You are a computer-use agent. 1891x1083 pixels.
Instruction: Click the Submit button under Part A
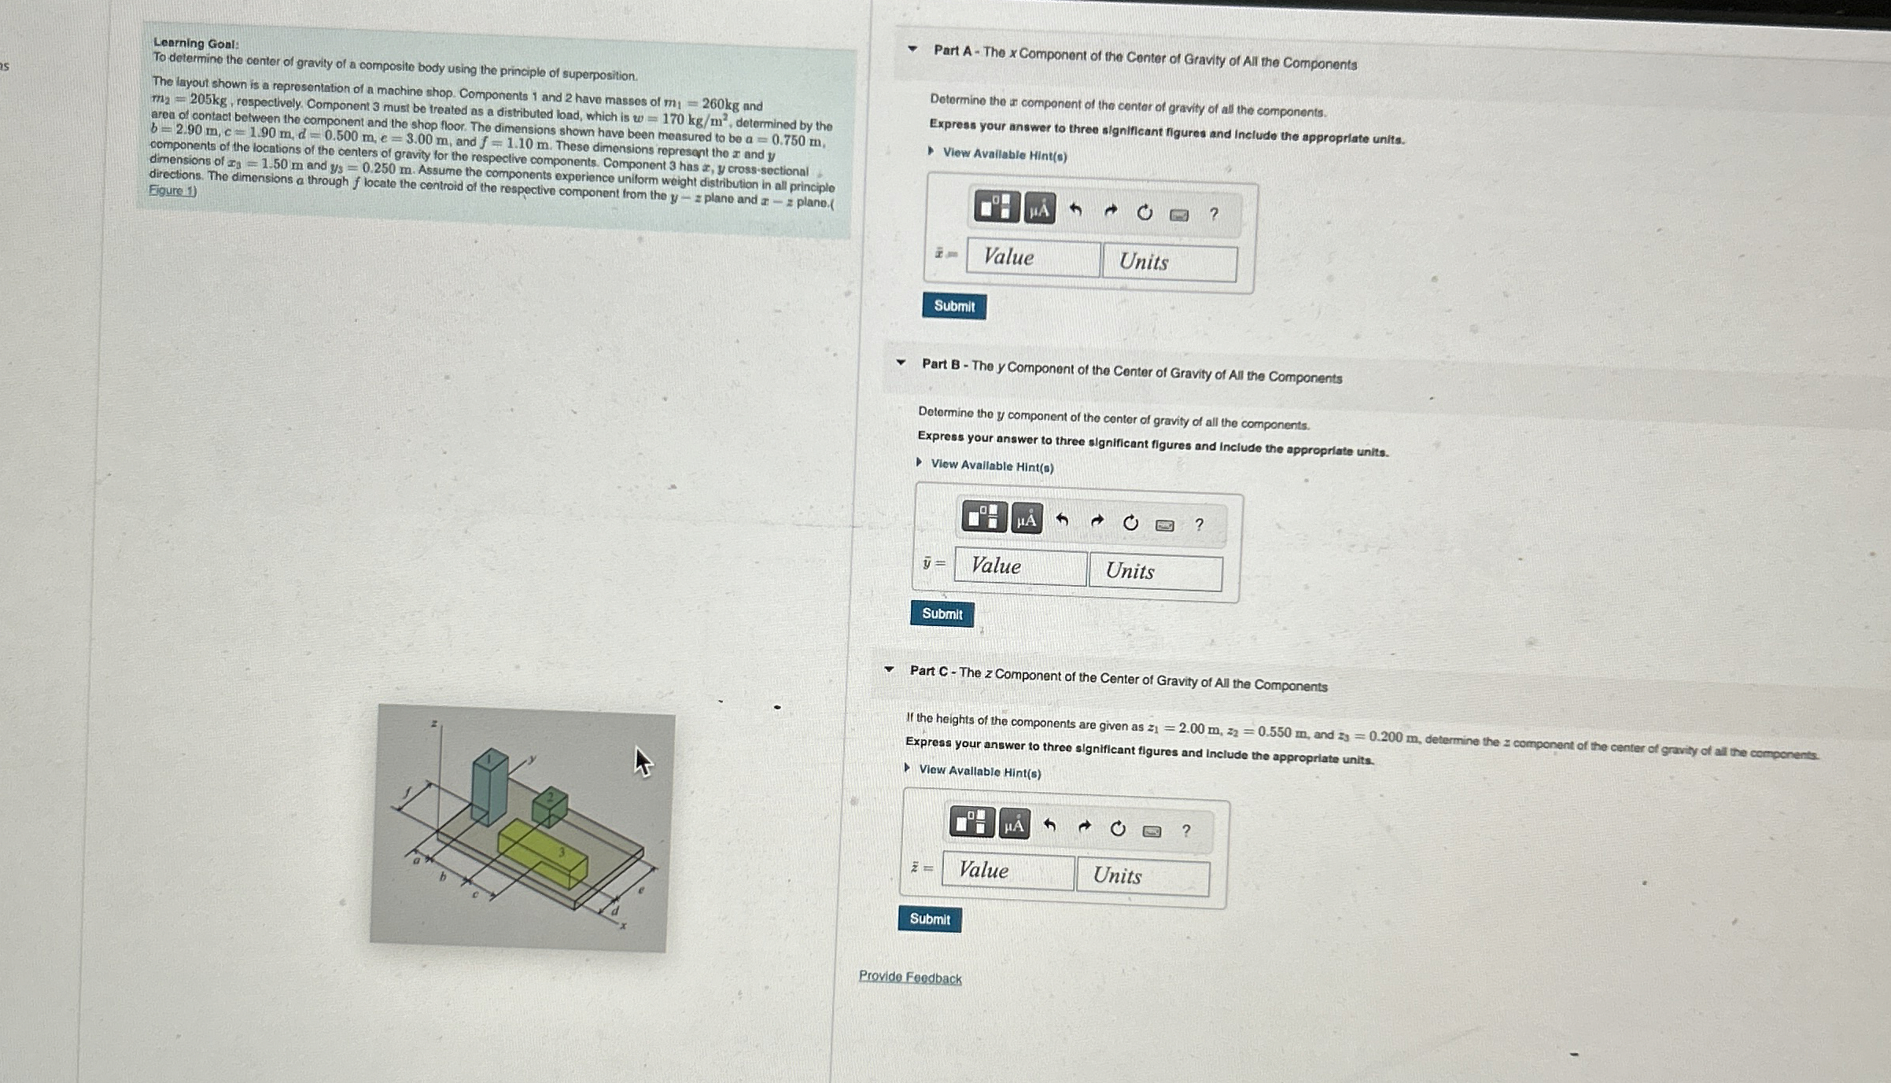(953, 306)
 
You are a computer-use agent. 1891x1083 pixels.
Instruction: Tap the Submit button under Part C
(929, 919)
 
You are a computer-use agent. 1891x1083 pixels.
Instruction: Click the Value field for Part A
(1032, 258)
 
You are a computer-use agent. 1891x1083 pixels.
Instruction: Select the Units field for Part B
(1155, 571)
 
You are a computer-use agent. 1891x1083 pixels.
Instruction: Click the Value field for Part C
(1007, 871)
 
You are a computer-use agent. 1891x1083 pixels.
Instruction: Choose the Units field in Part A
(1169, 262)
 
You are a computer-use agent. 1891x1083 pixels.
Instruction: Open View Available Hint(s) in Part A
(1004, 155)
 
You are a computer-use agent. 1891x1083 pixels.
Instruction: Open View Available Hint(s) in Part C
(979, 772)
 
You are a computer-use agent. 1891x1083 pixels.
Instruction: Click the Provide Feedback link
(910, 977)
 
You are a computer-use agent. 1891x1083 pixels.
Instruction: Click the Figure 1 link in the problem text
(172, 191)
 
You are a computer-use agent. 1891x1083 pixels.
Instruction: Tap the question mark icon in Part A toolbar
(1213, 213)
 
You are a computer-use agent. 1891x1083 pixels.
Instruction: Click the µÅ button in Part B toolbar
(1026, 519)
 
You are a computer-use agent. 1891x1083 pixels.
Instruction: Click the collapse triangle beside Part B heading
(901, 363)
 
